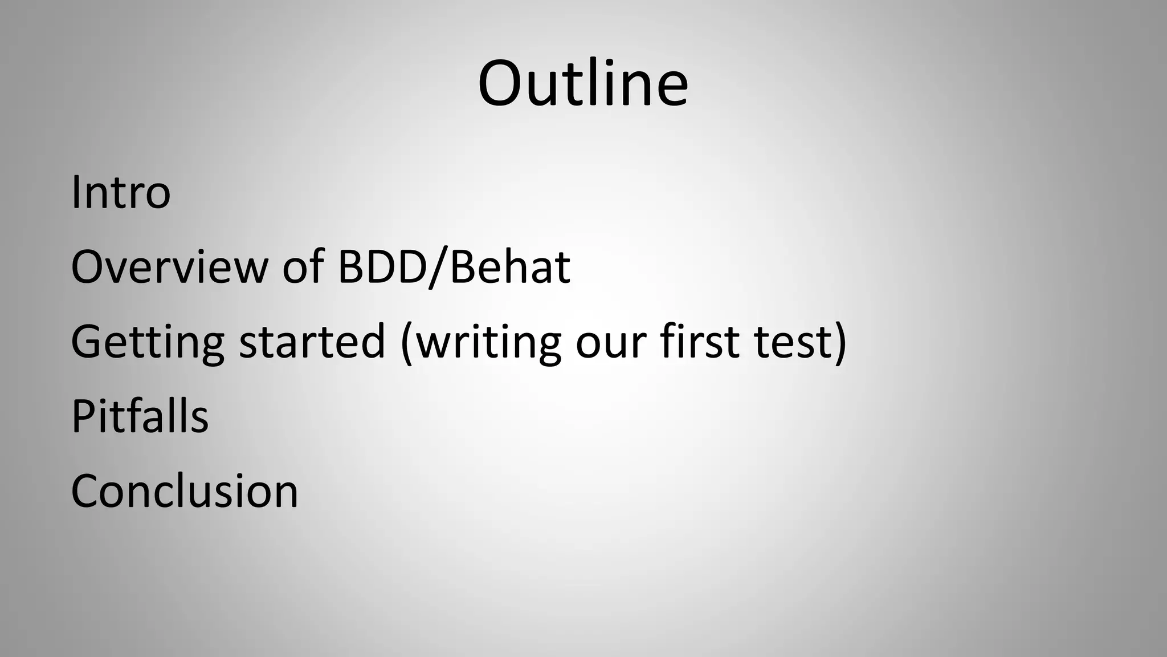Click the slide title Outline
(x=583, y=84)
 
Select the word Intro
(x=121, y=193)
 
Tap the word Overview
(x=169, y=267)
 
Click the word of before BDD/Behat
(x=303, y=267)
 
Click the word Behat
(x=510, y=267)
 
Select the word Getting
(x=148, y=342)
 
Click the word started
(x=312, y=342)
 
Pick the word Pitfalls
(x=140, y=416)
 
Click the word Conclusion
(x=184, y=492)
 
